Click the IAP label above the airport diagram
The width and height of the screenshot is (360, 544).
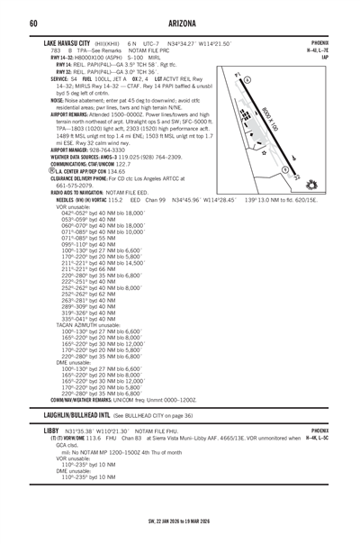(349, 57)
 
